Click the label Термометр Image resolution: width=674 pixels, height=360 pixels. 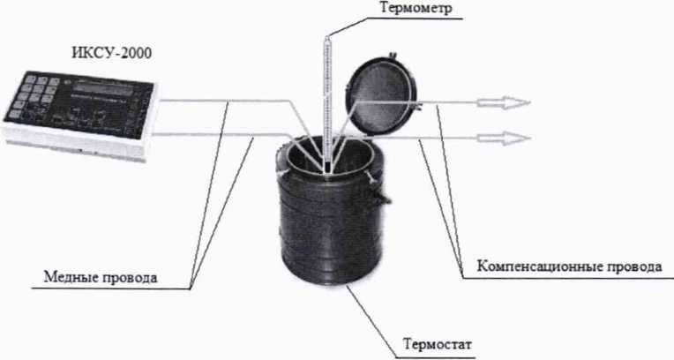click(x=416, y=8)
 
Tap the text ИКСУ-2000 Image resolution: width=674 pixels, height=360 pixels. click(x=111, y=53)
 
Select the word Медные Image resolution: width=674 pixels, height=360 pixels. click(x=71, y=277)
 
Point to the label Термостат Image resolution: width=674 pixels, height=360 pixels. click(x=438, y=344)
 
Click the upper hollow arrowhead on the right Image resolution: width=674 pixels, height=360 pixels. click(x=504, y=103)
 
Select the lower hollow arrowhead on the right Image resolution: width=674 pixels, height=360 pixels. click(x=504, y=138)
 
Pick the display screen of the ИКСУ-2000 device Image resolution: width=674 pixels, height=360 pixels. click(x=102, y=90)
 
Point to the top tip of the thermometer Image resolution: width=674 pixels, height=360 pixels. click(x=327, y=36)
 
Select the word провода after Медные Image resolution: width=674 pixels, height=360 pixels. click(x=131, y=278)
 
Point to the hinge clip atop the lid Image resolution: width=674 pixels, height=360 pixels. click(x=392, y=56)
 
